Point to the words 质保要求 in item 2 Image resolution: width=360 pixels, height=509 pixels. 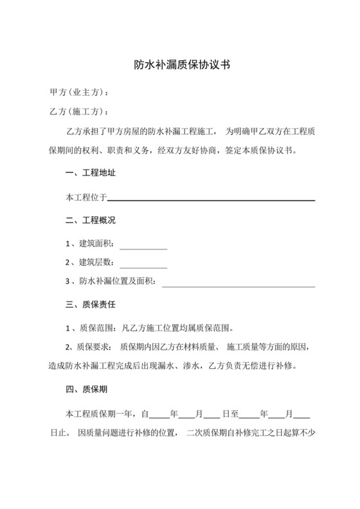[x=95, y=348]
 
